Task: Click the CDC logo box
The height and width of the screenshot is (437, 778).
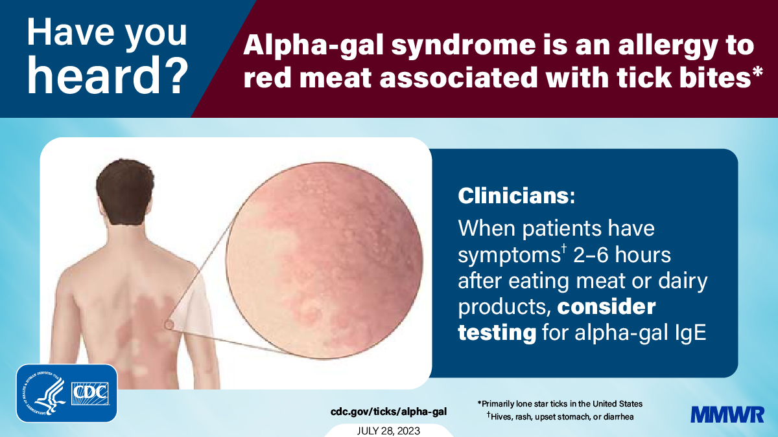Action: point(90,394)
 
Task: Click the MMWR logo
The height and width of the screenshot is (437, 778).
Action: point(727,414)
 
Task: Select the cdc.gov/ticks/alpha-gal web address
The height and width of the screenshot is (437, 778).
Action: point(388,412)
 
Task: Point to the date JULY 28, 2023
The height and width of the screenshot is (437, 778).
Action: point(388,431)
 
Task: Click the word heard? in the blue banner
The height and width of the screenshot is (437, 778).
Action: point(108,76)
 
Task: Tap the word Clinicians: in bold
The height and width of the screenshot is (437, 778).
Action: point(517,196)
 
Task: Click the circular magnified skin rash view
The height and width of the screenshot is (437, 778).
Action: point(324,260)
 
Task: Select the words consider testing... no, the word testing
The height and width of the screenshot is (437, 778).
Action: point(497,333)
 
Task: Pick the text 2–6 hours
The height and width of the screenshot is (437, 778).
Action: point(622,255)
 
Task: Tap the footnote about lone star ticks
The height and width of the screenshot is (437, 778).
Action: point(560,404)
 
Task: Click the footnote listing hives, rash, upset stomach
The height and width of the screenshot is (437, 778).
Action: point(560,416)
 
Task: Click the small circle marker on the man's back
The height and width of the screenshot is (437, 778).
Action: point(169,325)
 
